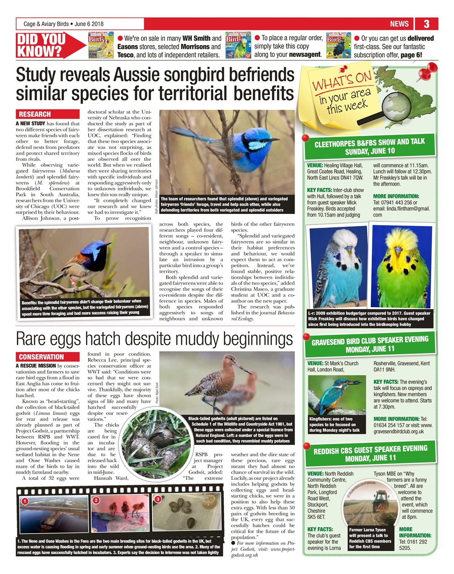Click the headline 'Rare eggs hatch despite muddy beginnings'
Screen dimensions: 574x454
point(154,339)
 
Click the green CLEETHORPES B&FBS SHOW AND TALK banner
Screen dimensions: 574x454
point(369,146)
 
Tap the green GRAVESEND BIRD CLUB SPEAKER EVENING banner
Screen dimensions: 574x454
point(369,344)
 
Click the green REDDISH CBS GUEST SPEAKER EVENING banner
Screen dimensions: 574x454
point(369,453)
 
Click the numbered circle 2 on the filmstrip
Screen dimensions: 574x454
point(96,500)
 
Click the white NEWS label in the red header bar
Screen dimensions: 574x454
point(399,24)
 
